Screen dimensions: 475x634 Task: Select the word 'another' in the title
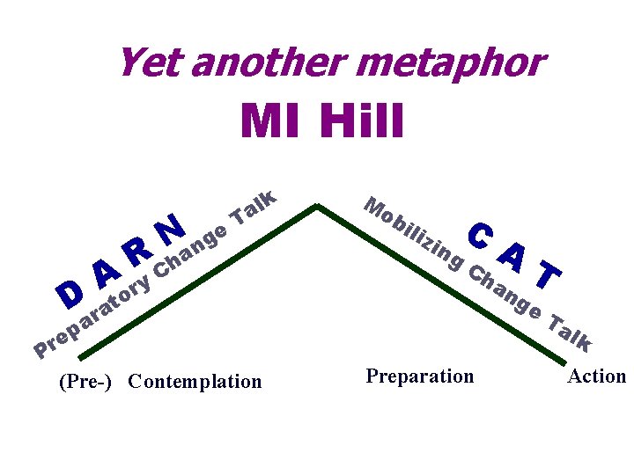[263, 63]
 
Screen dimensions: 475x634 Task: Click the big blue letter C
[480, 233]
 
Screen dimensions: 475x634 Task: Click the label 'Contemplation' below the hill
[195, 381]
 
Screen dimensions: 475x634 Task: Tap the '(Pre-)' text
[85, 381]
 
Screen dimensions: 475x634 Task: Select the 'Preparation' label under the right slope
[419, 376]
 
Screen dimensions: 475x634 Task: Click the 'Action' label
[596, 376]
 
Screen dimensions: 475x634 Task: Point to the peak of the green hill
[317, 207]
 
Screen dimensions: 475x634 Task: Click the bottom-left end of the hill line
[80, 358]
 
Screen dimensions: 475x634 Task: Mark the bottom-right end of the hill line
[564, 361]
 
